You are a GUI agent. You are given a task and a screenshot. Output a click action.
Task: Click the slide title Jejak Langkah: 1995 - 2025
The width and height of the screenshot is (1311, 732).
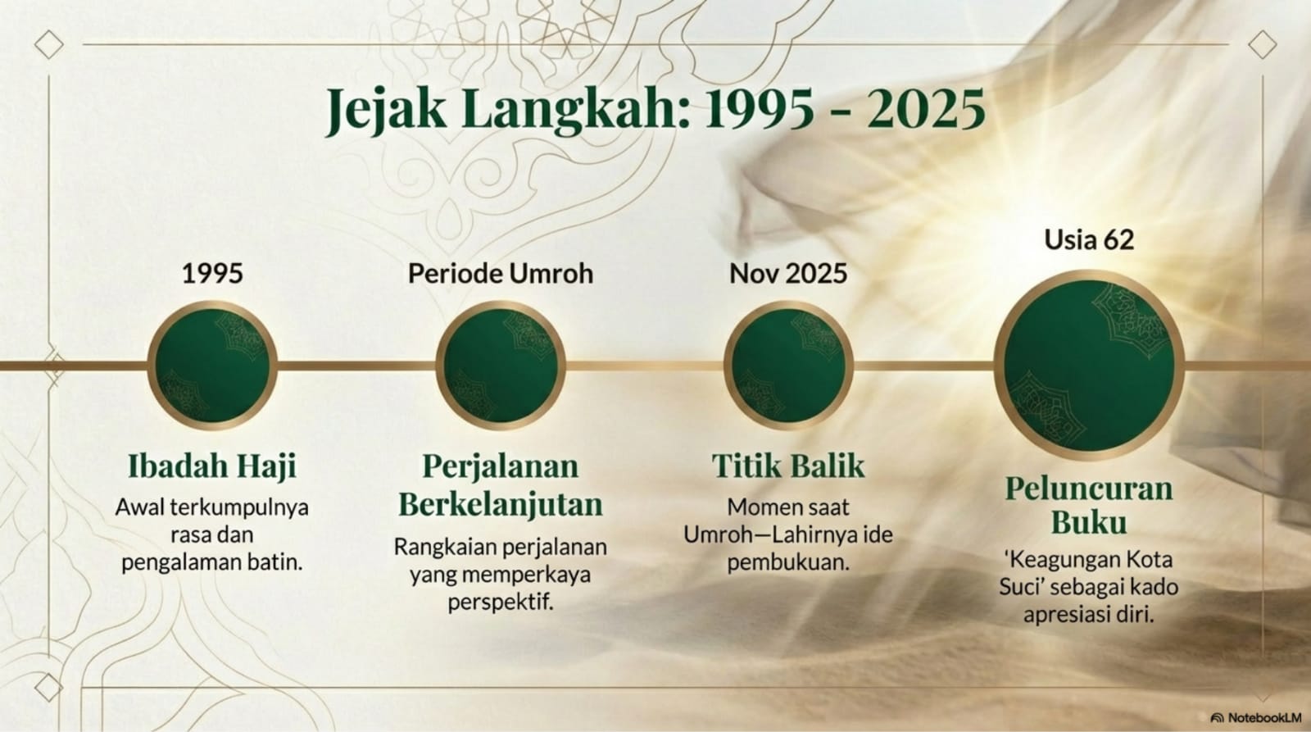655,110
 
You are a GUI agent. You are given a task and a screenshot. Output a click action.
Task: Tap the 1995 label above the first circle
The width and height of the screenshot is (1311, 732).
212,274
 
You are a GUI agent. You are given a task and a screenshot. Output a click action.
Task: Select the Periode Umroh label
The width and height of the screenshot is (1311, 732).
501,274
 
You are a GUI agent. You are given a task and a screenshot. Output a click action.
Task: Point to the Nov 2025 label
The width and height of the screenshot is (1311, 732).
787,274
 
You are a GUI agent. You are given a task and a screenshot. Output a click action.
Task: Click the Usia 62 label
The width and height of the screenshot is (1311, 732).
1089,239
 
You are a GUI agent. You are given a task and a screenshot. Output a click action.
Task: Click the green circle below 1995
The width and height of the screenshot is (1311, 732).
212,366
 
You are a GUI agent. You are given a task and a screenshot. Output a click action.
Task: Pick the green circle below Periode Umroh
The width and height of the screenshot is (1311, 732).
501,366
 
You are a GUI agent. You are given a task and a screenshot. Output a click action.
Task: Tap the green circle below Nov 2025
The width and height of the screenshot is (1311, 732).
788,366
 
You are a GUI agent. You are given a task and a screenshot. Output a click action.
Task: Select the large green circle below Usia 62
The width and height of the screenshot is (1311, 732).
1089,366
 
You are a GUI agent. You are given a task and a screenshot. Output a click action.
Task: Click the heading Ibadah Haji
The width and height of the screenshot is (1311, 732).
212,467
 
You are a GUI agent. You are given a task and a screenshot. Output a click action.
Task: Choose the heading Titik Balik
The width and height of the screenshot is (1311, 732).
788,466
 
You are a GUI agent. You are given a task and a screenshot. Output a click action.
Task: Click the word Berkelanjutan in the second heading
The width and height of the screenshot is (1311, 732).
501,505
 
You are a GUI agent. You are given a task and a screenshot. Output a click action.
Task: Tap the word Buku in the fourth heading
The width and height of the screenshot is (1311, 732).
1089,522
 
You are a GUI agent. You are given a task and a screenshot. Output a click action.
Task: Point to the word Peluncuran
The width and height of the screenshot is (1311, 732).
1089,489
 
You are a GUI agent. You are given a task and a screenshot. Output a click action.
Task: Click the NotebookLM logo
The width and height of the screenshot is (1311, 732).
1255,717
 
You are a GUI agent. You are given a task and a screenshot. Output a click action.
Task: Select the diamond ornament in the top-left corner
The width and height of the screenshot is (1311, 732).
48,44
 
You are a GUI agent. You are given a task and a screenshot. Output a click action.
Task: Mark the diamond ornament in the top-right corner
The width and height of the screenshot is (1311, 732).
1263,44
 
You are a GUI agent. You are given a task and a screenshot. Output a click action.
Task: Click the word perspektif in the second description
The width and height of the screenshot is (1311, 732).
501,602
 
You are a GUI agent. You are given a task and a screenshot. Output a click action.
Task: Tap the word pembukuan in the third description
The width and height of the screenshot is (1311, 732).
788,563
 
